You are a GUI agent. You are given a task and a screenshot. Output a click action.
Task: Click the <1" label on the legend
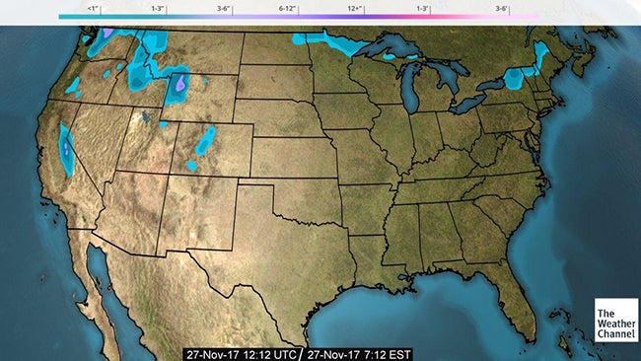(94, 8)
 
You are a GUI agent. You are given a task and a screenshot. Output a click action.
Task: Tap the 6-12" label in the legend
(289, 8)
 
